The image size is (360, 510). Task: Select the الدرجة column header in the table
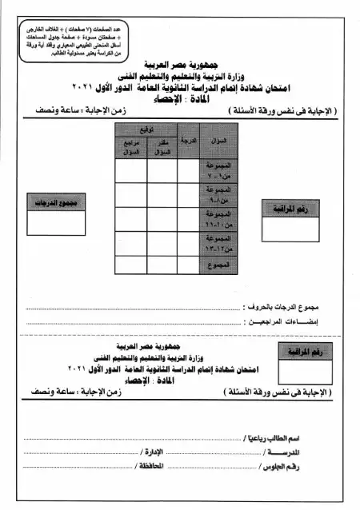coord(188,141)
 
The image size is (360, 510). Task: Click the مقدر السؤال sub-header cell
coord(162,148)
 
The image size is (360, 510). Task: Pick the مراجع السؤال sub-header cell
coord(130,148)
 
